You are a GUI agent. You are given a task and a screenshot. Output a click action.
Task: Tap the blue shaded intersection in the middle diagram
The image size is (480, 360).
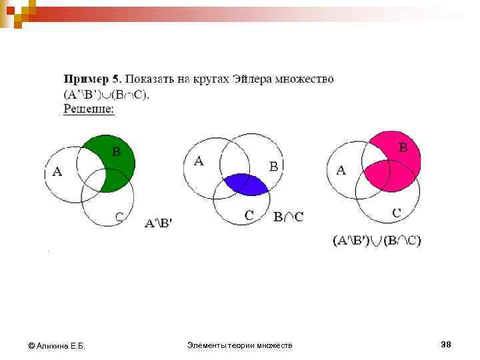pos(245,183)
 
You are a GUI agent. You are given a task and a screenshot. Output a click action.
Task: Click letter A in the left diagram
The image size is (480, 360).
pos(57,172)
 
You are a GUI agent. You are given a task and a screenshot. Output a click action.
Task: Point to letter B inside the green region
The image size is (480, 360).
pos(116,151)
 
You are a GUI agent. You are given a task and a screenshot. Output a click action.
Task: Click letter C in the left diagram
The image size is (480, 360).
pos(119,216)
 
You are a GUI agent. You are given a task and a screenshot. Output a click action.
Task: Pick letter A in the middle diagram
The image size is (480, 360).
pos(198,161)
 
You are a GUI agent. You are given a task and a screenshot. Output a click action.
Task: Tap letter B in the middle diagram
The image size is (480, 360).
pos(273,167)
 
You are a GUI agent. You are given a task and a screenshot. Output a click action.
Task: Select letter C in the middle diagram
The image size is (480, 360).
pos(249,215)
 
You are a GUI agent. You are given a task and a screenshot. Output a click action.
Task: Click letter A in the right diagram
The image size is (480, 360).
pos(341,170)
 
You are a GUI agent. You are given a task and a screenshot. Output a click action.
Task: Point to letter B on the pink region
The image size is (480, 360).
pos(403,147)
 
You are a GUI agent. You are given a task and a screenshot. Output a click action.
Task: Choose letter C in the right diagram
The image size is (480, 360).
pos(396,213)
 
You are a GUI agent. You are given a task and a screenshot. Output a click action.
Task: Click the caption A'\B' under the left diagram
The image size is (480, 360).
pos(158,223)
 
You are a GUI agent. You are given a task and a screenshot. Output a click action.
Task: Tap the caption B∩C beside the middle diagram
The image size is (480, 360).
pos(288,216)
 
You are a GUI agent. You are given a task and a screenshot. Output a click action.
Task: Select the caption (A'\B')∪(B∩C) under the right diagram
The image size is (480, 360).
pos(377,240)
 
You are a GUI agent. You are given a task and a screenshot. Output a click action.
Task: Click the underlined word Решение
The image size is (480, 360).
pos(89,109)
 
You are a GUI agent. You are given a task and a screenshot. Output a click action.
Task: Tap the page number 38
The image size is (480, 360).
pos(446,344)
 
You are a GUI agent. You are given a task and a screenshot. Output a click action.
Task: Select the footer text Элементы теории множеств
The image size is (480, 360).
pos(240,345)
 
